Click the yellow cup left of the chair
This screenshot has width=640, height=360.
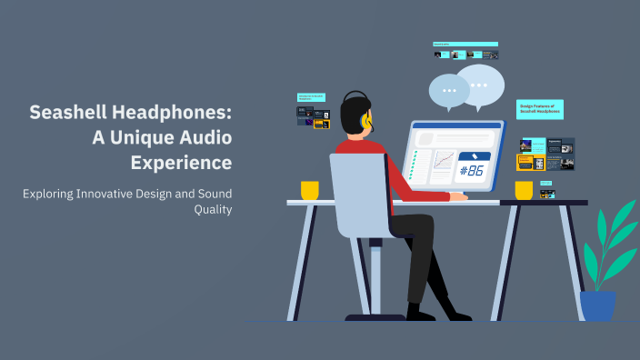[x=310, y=190]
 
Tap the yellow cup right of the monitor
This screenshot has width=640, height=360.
[x=524, y=190]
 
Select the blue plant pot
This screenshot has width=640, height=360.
[x=597, y=305]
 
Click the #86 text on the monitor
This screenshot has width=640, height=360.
[x=473, y=170]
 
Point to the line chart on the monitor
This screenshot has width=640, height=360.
[x=444, y=162]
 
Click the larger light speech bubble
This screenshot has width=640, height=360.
[x=480, y=84]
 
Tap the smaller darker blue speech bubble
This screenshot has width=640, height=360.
[x=448, y=91]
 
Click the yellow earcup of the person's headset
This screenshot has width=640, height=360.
[x=366, y=120]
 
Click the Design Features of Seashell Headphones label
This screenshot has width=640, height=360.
[x=539, y=110]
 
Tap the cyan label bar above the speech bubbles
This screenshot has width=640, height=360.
[x=465, y=44]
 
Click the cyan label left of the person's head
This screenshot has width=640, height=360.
[x=311, y=96]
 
